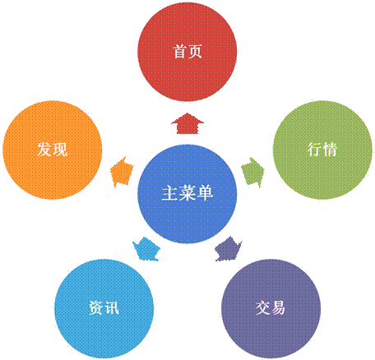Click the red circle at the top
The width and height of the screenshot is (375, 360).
click(x=187, y=52)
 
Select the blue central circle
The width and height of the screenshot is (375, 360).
click(x=187, y=194)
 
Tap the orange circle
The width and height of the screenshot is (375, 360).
click(x=52, y=150)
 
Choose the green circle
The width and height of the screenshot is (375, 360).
click(x=322, y=150)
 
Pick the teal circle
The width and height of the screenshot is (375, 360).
click(x=104, y=309)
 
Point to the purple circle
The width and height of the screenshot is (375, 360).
click(x=271, y=309)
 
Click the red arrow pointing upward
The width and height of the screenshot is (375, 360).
click(x=187, y=123)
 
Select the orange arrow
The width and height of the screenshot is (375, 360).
click(x=122, y=172)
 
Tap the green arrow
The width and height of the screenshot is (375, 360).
click(x=252, y=173)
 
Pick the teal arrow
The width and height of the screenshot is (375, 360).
click(x=146, y=249)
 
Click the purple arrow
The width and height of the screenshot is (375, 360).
click(x=229, y=249)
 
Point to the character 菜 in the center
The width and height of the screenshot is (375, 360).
click(x=187, y=193)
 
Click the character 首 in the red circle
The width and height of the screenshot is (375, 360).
click(x=179, y=52)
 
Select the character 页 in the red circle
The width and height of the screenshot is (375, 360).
click(x=196, y=52)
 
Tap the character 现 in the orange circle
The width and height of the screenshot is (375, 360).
click(x=60, y=150)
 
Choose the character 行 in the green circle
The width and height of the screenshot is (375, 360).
click(x=315, y=150)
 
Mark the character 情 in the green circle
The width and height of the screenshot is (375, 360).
click(x=331, y=150)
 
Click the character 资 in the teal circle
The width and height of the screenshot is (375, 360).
click(x=96, y=307)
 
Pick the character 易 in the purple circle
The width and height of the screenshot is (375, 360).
click(x=279, y=307)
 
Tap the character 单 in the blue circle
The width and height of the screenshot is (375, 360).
click(x=205, y=193)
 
